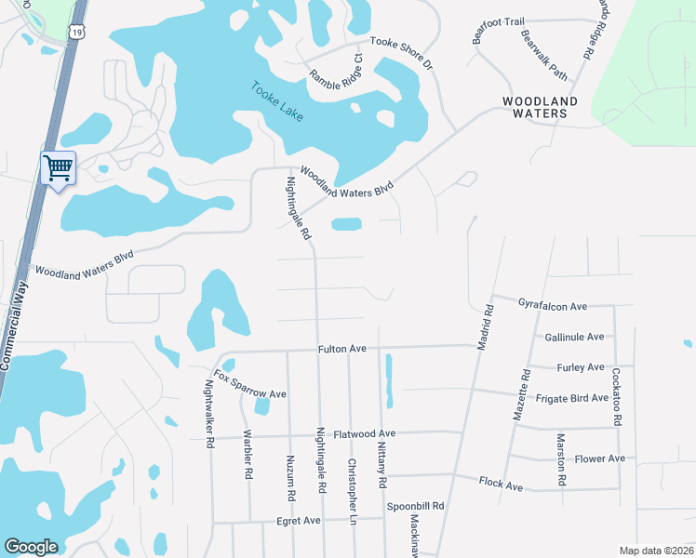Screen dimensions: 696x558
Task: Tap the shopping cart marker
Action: click(58, 168)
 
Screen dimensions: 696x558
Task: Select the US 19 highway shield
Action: click(74, 31)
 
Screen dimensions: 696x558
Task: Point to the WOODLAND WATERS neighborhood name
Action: click(534, 107)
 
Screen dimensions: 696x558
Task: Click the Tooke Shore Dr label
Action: click(401, 53)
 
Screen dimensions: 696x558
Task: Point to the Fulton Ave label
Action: click(342, 349)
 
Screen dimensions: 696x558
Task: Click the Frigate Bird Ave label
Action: click(571, 398)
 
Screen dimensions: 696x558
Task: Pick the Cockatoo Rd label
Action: click(616, 396)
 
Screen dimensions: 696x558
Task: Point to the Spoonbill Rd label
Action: click(416, 507)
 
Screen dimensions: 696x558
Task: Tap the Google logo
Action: click(31, 547)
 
